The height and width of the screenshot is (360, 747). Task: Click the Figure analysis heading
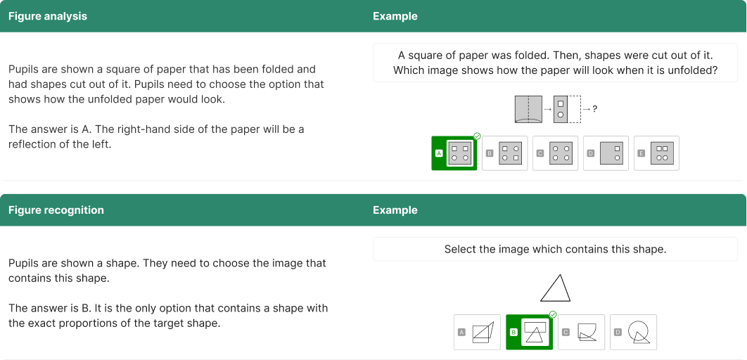coord(48,16)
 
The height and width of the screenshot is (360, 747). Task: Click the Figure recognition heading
coord(56,210)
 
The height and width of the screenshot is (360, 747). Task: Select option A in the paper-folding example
coord(454,153)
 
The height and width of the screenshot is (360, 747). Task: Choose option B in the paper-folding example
coord(504,153)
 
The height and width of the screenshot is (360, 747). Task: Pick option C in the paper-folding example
coord(555,153)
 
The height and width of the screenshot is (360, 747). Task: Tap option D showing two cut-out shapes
coord(606,153)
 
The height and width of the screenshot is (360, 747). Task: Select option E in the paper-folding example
coord(656,153)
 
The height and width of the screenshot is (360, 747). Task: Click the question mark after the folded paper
coord(594,109)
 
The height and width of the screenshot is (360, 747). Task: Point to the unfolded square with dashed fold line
coord(528,110)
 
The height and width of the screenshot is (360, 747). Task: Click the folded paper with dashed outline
coord(567,110)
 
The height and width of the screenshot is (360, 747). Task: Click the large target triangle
coord(556,288)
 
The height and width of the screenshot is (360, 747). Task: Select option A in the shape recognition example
coord(477,332)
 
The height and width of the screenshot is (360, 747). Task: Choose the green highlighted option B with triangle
coord(529,332)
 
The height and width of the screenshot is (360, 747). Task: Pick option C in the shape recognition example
coord(581,332)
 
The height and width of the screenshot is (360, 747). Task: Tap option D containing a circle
coord(633,332)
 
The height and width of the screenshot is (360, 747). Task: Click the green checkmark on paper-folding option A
coord(477,136)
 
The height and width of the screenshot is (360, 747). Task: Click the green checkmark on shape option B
coord(553,315)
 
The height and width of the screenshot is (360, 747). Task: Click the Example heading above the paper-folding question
coord(395,16)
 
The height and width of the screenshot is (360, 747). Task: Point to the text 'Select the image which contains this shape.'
coord(555,249)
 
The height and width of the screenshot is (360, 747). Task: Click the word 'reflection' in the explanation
coord(31,144)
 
